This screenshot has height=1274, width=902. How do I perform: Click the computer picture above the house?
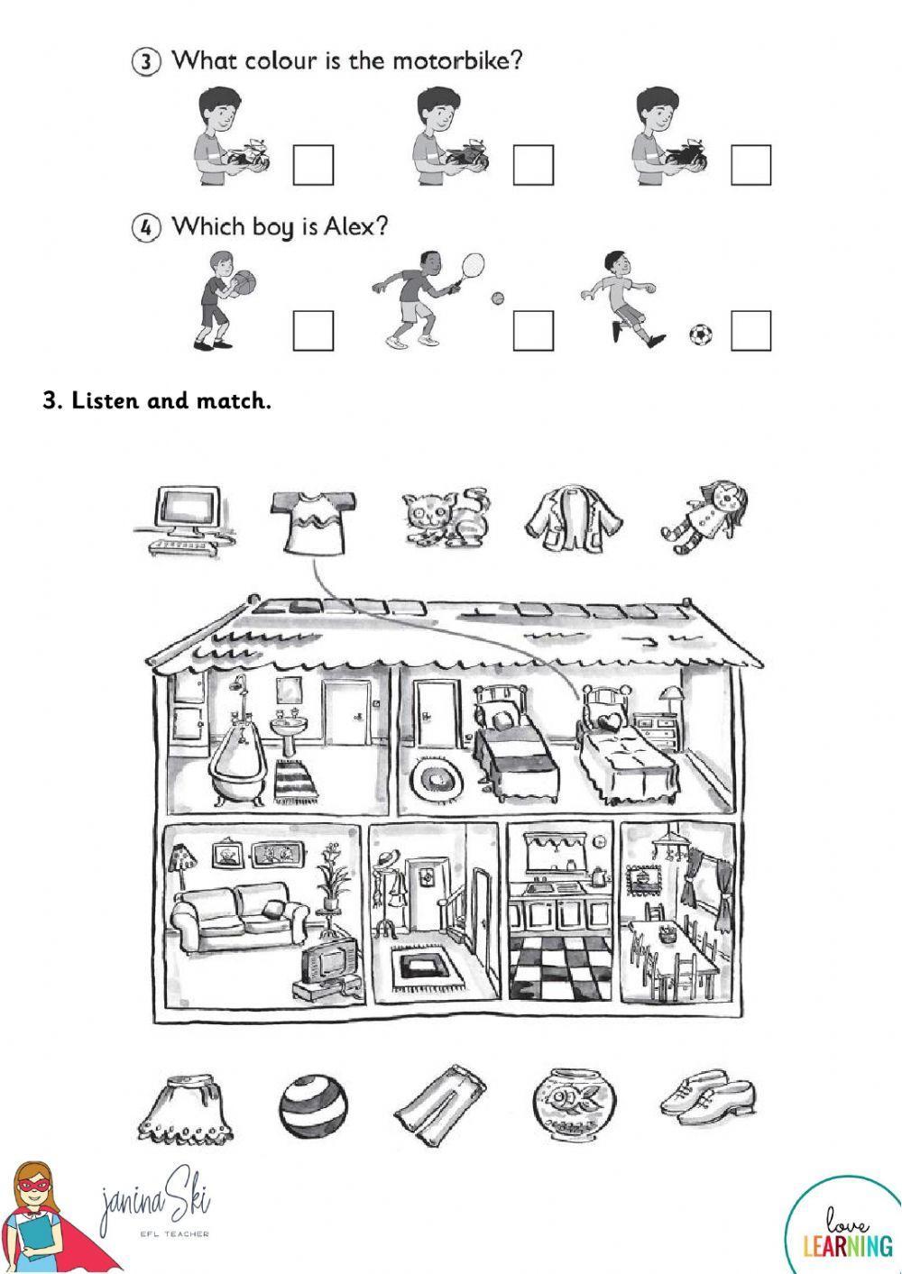click(185, 523)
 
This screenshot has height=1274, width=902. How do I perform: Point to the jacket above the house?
click(575, 518)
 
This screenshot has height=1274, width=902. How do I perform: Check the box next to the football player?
click(751, 331)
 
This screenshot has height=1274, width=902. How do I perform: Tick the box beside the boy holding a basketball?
click(313, 331)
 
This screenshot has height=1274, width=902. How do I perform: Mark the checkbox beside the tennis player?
click(533, 331)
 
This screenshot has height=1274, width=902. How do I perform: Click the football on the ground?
click(700, 335)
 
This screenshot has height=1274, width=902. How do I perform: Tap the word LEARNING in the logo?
click(848, 1246)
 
